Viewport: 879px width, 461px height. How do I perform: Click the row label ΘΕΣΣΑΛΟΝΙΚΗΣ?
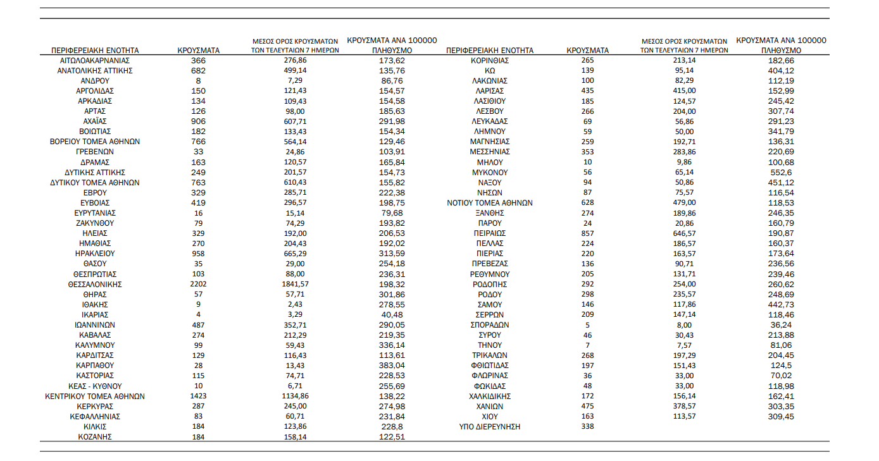(95, 285)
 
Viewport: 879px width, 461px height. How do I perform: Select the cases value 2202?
(198, 285)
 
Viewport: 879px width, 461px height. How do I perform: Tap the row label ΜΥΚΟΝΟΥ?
(490, 172)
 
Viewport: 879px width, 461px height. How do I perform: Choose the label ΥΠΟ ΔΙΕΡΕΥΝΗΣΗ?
(490, 427)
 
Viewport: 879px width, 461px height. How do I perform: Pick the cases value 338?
(588, 427)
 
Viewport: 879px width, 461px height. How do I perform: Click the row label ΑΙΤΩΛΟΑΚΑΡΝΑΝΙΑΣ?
(95, 60)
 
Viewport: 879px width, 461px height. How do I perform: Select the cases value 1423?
(198, 396)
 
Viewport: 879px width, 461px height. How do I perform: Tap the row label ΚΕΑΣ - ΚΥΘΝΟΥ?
(95, 386)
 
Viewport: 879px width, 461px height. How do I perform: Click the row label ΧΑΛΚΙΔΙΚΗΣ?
(490, 396)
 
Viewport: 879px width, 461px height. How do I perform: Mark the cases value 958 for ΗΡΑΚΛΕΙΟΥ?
(198, 254)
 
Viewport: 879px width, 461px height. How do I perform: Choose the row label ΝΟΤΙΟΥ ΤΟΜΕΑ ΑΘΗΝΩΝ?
(490, 203)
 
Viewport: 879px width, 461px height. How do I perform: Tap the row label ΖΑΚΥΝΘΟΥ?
(95, 223)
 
